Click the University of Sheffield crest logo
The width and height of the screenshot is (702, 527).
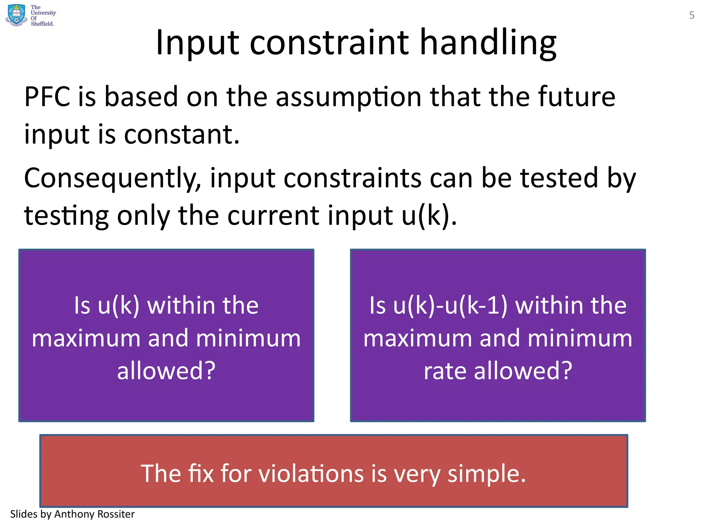(x=16, y=15)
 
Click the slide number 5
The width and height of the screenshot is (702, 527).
(x=692, y=15)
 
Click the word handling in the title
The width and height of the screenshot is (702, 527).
(x=488, y=43)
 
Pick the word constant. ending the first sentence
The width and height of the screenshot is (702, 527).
(x=181, y=134)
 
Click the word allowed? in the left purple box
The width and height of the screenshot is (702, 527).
(x=166, y=371)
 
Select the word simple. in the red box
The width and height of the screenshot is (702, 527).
(x=487, y=473)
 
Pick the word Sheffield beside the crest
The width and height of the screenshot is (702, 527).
(x=43, y=24)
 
